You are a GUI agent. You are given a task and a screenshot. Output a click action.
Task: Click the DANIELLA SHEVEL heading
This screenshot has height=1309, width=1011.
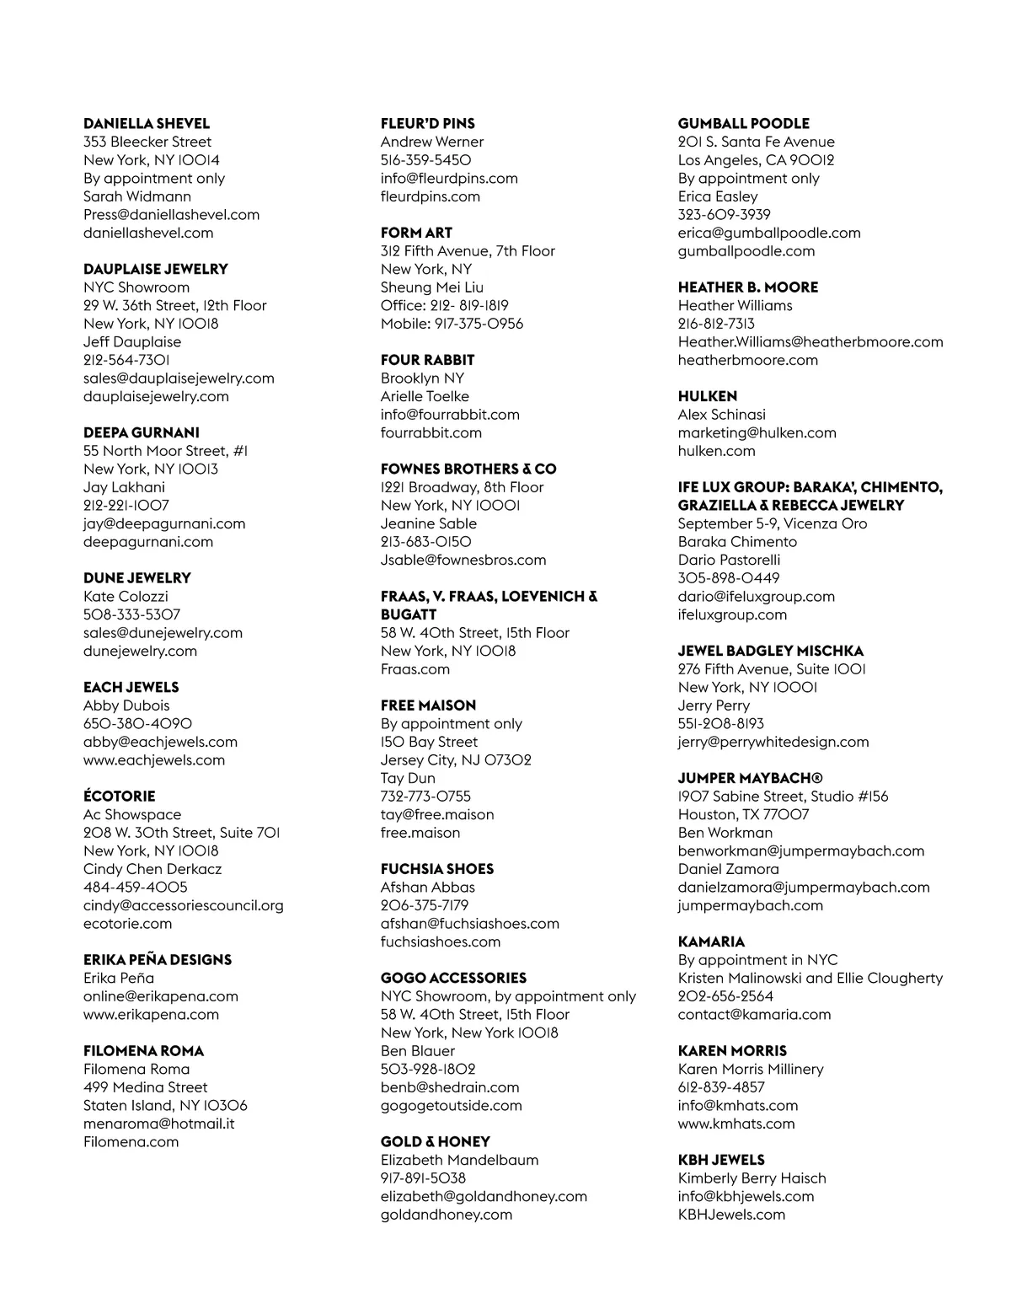147,124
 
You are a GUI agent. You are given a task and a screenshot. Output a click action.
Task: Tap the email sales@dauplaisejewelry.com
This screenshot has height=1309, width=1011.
179,378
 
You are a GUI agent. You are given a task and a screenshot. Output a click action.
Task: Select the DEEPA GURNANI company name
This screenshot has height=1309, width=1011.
142,432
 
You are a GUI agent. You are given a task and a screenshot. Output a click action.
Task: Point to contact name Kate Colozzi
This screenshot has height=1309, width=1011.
126,597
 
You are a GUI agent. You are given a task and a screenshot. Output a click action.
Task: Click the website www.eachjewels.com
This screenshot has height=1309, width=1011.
154,760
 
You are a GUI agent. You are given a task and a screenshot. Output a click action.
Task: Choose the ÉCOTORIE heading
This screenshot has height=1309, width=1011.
120,797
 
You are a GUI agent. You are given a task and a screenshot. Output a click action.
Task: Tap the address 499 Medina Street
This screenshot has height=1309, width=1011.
146,1087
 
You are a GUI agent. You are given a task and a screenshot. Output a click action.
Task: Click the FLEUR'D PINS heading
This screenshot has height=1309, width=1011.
428,124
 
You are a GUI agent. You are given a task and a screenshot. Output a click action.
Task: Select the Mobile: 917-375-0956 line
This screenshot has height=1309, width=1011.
452,324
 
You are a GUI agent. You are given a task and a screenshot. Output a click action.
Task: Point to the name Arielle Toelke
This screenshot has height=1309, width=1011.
425,396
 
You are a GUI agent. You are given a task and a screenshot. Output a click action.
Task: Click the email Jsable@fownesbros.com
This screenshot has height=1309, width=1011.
463,560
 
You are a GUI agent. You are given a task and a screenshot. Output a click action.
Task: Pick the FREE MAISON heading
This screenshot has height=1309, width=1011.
428,705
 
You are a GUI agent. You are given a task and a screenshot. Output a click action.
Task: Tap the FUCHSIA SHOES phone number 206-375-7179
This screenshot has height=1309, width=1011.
425,905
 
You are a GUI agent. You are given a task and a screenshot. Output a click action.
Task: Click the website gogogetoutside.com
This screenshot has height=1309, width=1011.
452,1106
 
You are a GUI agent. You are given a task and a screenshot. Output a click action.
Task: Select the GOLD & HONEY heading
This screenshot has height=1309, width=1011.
436,1142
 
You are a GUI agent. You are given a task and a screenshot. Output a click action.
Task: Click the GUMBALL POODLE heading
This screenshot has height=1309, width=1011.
744,124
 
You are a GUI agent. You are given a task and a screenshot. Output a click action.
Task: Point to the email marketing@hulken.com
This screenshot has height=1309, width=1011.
757,432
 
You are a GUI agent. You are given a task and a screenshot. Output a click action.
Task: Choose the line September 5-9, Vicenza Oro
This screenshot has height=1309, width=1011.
773,523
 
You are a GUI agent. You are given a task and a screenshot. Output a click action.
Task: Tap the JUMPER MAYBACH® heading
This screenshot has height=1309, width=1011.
751,778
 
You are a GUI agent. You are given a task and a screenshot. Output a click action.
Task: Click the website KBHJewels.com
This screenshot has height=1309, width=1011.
731,1215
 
